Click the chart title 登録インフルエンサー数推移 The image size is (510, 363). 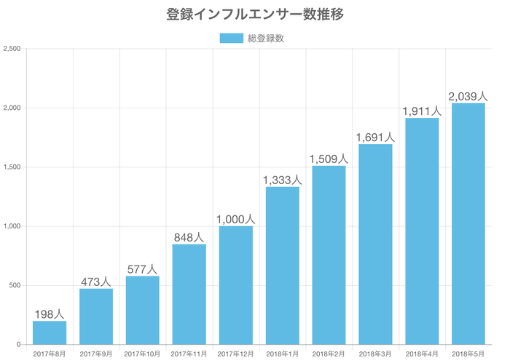click(x=255, y=14)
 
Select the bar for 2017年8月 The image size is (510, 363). click(x=50, y=332)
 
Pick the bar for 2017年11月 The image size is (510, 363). click(x=189, y=295)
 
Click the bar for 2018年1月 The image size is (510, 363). click(x=283, y=266)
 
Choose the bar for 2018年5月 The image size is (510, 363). click(x=468, y=224)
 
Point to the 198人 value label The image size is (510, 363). click(x=50, y=314)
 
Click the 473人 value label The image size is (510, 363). click(x=96, y=282)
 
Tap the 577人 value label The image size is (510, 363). click(x=143, y=269)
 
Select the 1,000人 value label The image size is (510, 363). click(x=235, y=219)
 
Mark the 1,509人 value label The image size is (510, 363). click(x=329, y=159)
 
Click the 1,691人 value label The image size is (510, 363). click(x=375, y=137)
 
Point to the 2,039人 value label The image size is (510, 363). click(x=468, y=96)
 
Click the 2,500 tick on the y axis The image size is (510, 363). click(x=12, y=49)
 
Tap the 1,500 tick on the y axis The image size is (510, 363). click(x=12, y=167)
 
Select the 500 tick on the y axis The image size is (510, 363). click(x=15, y=285)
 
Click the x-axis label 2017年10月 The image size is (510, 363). click(x=143, y=354)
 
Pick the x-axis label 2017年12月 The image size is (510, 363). click(x=235, y=354)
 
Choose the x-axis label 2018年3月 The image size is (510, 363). click(x=375, y=354)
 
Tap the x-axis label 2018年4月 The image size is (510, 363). click(x=422, y=354)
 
